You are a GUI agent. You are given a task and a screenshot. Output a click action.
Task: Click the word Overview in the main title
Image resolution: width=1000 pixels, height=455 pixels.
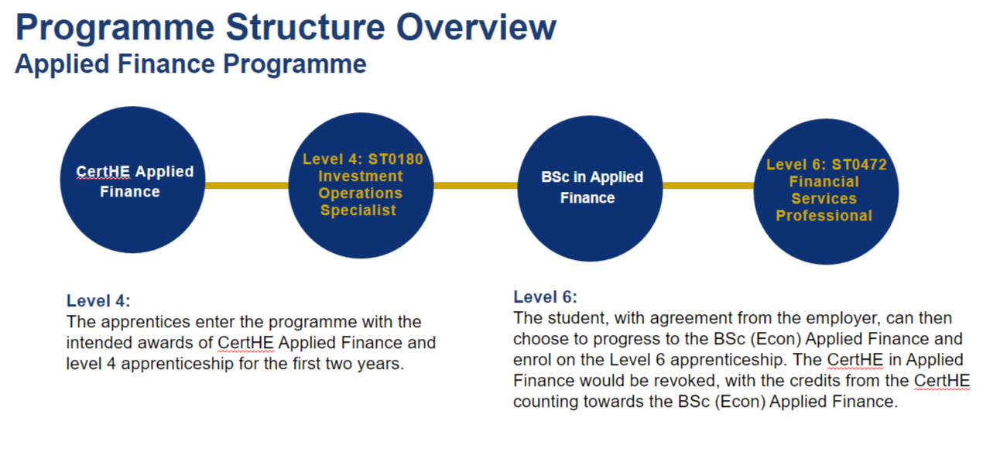pyautogui.click(x=477, y=28)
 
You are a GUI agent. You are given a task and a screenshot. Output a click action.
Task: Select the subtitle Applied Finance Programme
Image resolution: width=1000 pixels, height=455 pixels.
pyautogui.click(x=190, y=64)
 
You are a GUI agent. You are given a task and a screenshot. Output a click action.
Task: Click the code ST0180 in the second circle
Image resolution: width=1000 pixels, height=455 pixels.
pyautogui.click(x=396, y=159)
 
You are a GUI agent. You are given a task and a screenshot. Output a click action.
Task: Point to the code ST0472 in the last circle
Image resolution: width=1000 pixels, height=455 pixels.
pyautogui.click(x=859, y=165)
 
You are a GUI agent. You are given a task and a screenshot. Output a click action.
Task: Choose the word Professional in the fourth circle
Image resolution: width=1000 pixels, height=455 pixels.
pyautogui.click(x=824, y=216)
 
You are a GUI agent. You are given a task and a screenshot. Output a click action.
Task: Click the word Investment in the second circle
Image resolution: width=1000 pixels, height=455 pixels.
pyautogui.click(x=361, y=176)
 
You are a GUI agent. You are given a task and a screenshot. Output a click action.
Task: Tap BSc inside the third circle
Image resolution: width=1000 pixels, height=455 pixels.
pyautogui.click(x=555, y=177)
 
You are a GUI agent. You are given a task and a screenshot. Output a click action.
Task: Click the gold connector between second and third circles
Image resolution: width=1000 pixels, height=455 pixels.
pyautogui.click(x=474, y=185)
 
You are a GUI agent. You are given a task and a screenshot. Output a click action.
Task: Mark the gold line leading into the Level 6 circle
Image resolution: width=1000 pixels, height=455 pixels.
pyautogui.click(x=707, y=185)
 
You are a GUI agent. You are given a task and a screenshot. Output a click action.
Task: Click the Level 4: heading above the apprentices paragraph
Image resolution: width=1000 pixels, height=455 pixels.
pyautogui.click(x=98, y=301)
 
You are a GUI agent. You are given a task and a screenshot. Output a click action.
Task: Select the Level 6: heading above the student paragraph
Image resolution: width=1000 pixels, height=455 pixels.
pyautogui.click(x=545, y=297)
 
